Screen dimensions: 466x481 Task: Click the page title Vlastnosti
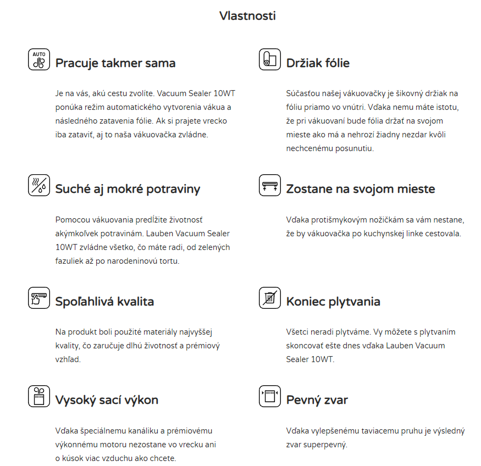coord(247,15)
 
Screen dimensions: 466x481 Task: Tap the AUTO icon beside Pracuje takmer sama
coord(39,59)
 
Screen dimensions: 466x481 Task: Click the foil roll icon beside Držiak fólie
coord(270,59)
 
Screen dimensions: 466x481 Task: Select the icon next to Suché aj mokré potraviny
coord(39,185)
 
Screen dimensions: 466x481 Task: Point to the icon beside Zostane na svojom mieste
coord(270,185)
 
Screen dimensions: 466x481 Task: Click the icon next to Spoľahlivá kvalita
coord(39,298)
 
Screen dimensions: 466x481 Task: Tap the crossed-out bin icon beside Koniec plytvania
coord(270,298)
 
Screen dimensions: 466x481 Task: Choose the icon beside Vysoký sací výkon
coord(39,396)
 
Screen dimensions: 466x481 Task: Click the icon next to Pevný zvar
coord(270,396)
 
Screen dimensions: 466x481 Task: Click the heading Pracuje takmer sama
coord(115,63)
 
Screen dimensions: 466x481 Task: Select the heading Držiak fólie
coord(318,63)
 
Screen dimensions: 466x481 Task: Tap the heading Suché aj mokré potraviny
coord(128,189)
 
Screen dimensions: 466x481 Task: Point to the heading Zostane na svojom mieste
coord(361,189)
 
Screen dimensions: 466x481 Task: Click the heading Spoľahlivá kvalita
coord(104,302)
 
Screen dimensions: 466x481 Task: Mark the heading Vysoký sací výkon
coord(107,400)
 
